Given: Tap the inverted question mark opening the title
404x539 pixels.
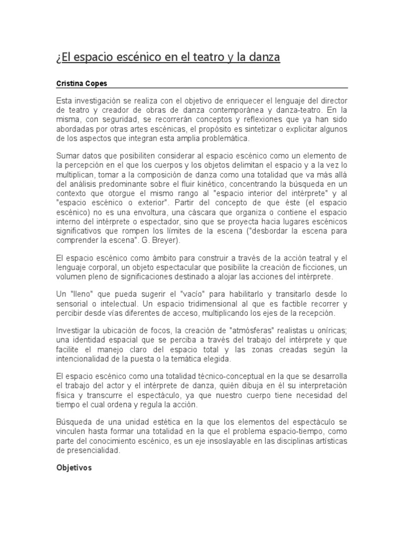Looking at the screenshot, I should point(58,56).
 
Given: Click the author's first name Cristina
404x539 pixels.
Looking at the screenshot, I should point(69,83).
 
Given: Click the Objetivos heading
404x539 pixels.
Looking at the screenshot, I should point(74,467).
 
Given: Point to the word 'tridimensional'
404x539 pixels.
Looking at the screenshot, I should point(194,304).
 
